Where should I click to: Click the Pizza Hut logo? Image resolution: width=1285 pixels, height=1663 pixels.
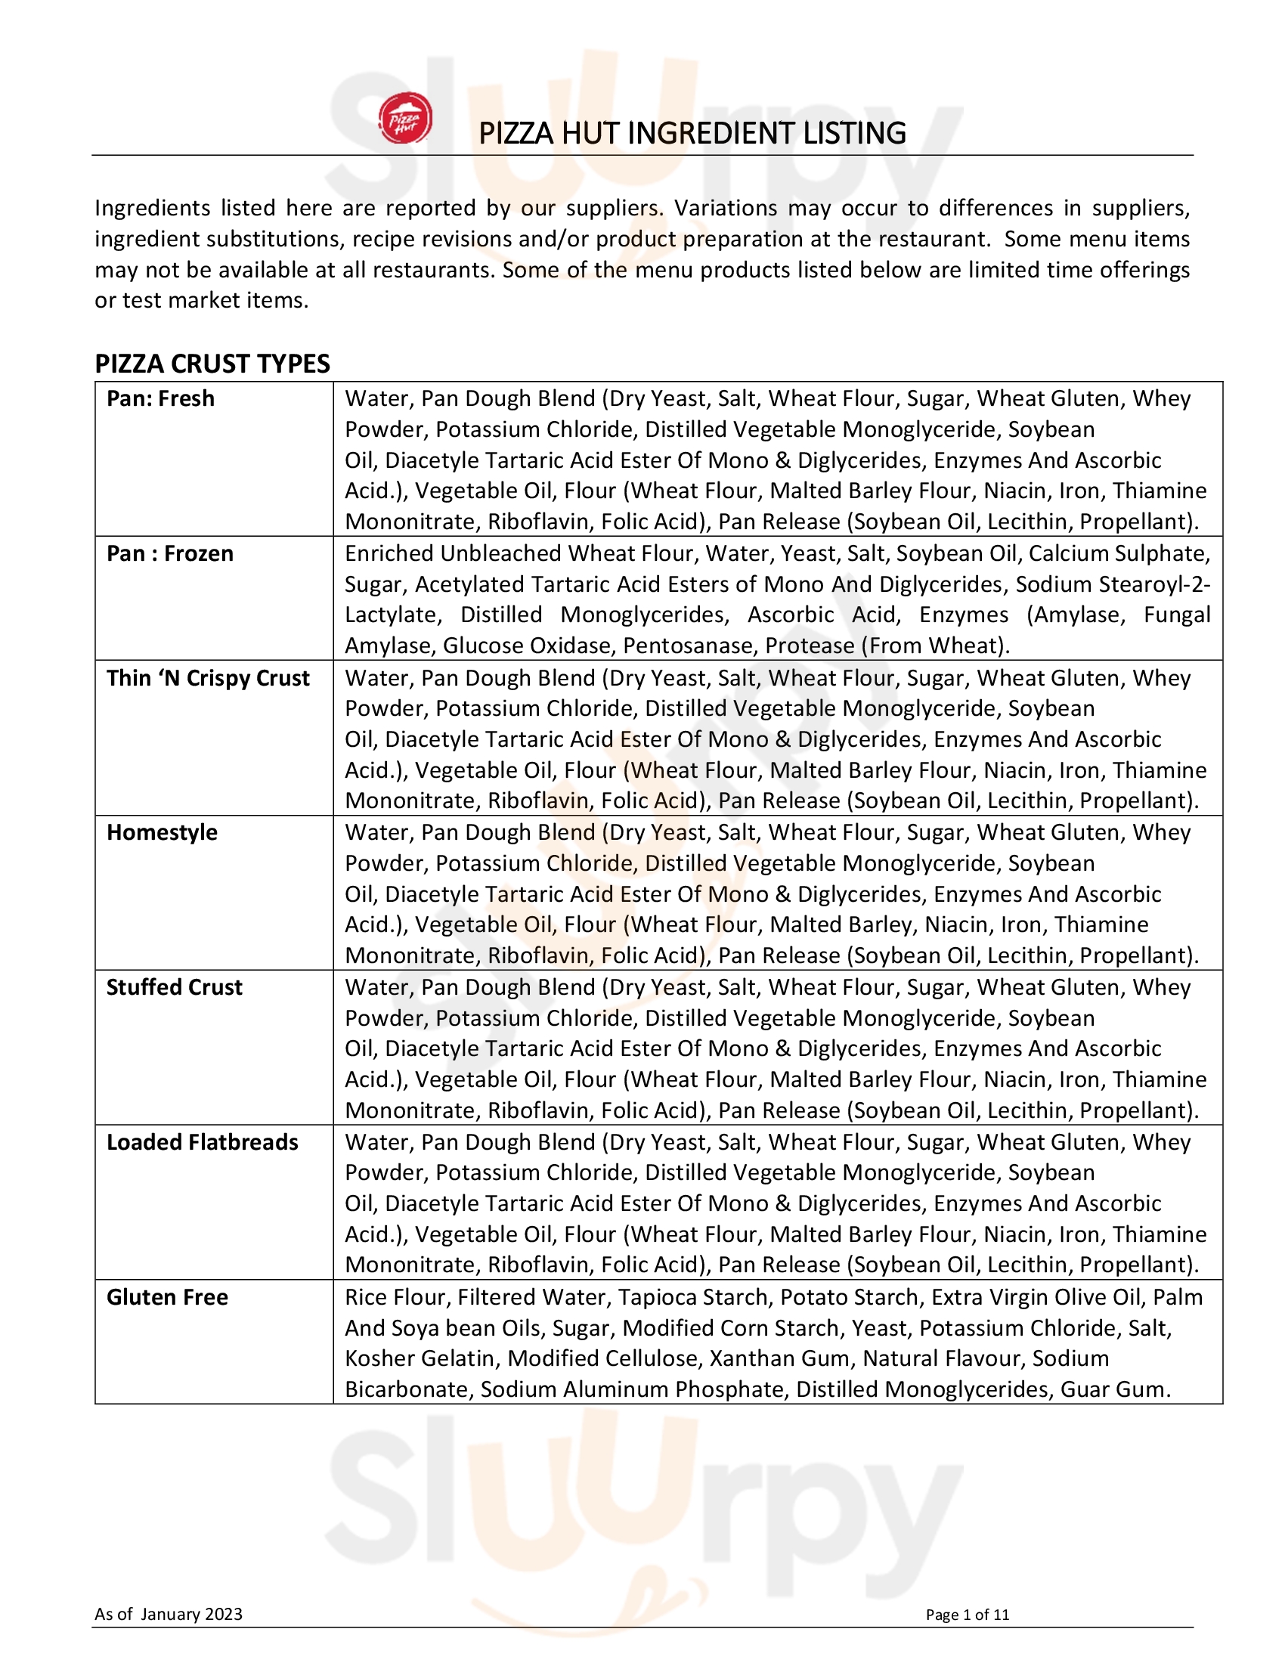pos(405,119)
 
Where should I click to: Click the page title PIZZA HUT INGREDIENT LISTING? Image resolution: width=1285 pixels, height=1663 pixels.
pos(692,133)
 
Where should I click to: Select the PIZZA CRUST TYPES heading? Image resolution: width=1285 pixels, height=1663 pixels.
pos(212,364)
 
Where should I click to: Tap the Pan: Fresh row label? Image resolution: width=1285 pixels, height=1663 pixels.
pos(160,399)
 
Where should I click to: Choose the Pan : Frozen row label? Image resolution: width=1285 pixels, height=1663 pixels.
pos(170,553)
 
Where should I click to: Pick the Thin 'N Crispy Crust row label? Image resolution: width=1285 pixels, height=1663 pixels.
pos(208,679)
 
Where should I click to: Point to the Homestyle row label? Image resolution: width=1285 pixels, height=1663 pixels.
pos(163,833)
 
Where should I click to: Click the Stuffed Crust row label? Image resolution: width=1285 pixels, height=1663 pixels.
pos(175,988)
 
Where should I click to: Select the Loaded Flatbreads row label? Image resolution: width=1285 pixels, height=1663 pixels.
pos(203,1143)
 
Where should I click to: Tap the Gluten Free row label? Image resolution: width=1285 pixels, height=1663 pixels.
pos(168,1297)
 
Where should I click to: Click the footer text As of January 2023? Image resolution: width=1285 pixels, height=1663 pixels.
pos(169,1615)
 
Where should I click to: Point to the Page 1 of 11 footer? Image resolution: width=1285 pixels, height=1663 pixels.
pos(967,1615)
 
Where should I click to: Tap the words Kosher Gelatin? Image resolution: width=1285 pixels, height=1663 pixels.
pos(419,1359)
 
